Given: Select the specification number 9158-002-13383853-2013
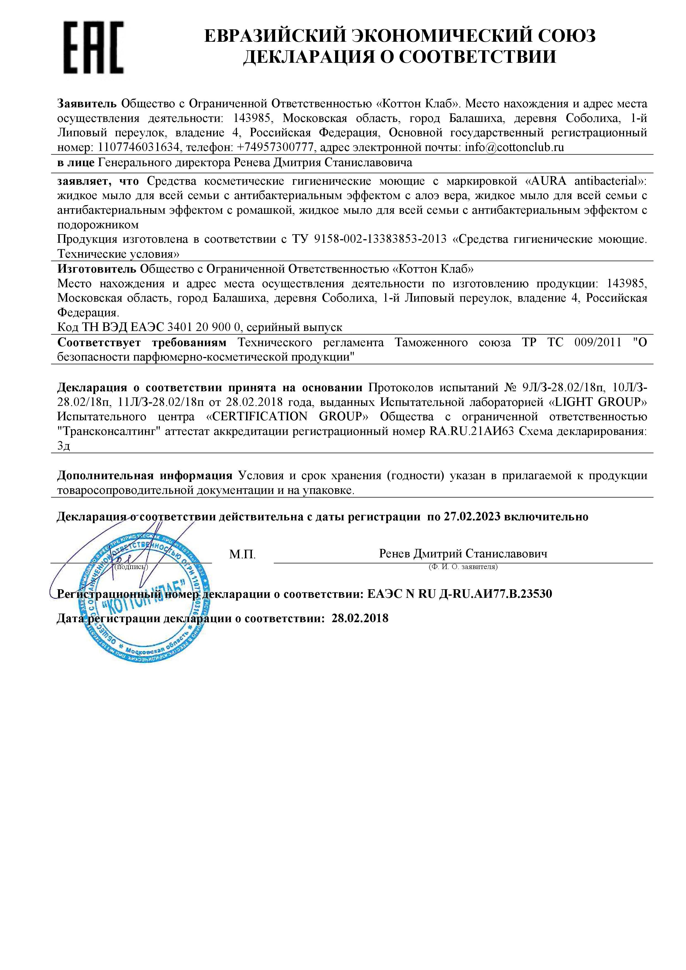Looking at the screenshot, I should [x=380, y=239].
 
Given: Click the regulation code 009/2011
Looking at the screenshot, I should [x=598, y=343].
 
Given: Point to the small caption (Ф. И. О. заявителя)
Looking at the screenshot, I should [x=463, y=567].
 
